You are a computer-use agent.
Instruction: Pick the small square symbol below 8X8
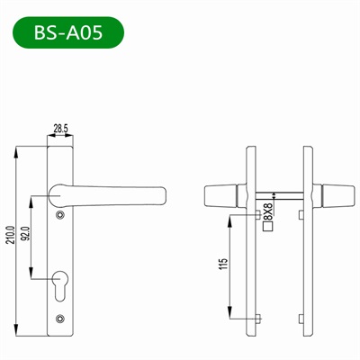pos(266,228)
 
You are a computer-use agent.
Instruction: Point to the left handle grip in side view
pos(221,195)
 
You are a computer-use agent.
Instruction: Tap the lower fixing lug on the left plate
pos(257,319)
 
